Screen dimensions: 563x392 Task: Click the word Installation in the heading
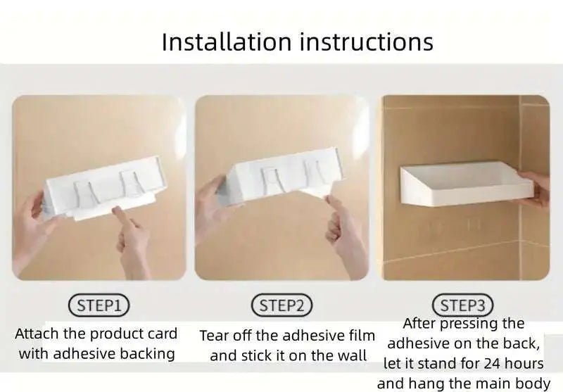pyautogui.click(x=227, y=42)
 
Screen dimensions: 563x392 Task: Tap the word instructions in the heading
pyautogui.click(x=367, y=42)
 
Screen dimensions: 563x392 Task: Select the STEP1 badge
pyautogui.click(x=99, y=305)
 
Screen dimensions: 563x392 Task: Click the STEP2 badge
pyautogui.click(x=281, y=305)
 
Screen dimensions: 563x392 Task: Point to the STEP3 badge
pyautogui.click(x=462, y=305)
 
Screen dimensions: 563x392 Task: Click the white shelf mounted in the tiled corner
pyautogui.click(x=466, y=184)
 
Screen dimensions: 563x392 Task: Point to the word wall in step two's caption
pyautogui.click(x=353, y=355)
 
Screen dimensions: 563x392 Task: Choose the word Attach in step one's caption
pyautogui.click(x=37, y=334)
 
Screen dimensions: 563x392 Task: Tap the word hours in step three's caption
pyautogui.click(x=524, y=364)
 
